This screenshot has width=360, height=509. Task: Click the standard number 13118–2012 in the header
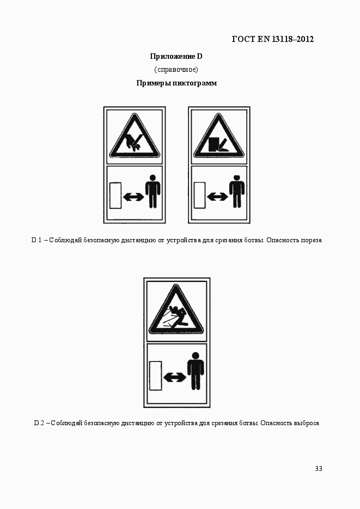[292, 39]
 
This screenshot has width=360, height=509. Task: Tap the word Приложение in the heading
[172, 57]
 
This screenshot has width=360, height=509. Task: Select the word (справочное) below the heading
[176, 70]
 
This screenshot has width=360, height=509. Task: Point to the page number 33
[319, 468]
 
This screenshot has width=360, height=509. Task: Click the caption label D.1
[36, 240]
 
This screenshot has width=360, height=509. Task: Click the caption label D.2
[39, 423]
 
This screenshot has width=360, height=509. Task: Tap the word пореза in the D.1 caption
[312, 241]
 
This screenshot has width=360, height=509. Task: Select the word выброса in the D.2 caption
[307, 424]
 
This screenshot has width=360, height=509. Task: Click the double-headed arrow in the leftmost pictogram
[133, 197]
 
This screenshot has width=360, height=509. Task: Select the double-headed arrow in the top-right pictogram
[217, 197]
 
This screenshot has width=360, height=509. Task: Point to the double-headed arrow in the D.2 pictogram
[175, 377]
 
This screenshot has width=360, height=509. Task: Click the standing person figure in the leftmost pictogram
[152, 192]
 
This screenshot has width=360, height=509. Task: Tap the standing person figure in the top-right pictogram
[237, 192]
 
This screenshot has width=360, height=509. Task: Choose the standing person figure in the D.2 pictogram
[196, 371]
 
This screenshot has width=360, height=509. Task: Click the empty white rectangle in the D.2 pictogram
[155, 376]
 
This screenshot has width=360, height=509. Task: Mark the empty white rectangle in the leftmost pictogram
[115, 195]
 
